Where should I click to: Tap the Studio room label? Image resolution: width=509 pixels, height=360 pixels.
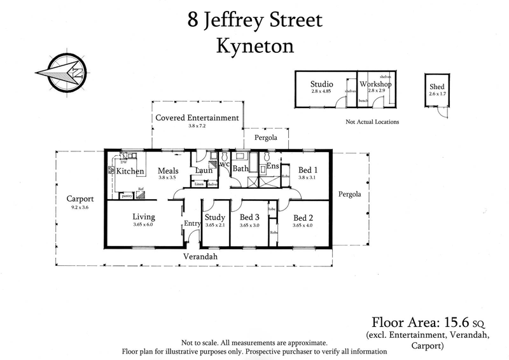(321, 84)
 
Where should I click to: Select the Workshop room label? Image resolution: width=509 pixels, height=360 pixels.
(375, 84)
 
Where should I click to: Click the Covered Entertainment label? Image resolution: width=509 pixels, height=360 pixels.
(197, 118)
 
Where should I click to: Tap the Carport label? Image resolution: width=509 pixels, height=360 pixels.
(80, 198)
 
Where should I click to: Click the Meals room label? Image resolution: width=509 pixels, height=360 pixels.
(168, 170)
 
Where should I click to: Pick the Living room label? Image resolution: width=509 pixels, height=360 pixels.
(143, 217)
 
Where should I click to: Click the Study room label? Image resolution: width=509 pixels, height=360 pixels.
(215, 217)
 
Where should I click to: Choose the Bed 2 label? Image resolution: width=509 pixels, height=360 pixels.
(303, 217)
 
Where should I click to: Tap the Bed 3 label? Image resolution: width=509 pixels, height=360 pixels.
(249, 217)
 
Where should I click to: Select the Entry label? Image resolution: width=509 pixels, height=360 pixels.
(192, 223)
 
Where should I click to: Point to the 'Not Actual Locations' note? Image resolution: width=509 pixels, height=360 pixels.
(372, 121)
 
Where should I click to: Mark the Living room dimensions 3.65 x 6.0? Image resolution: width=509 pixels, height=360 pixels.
(143, 225)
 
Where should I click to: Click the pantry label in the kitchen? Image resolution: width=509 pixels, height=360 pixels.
(126, 196)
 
